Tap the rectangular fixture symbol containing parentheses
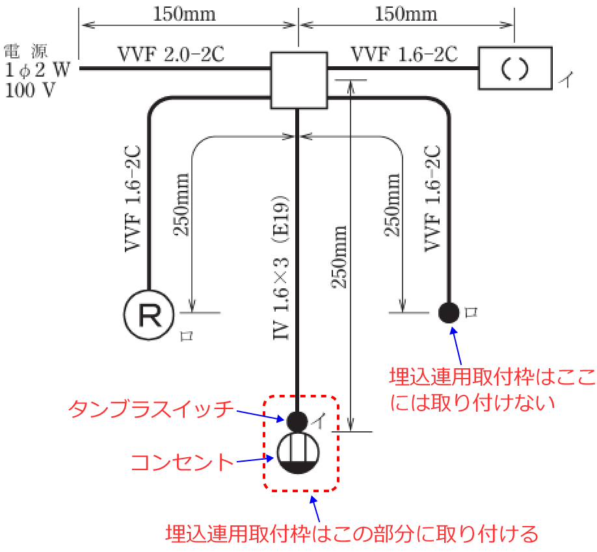(515, 68)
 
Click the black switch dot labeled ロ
(448, 312)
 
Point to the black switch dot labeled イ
(297, 421)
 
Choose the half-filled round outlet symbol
(297, 453)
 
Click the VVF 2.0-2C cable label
(170, 55)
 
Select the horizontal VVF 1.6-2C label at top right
(403, 55)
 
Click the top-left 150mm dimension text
(184, 14)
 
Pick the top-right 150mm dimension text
(406, 14)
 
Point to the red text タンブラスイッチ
(150, 408)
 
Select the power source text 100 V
(30, 90)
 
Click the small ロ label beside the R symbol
(187, 336)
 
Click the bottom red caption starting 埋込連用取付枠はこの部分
(352, 534)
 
